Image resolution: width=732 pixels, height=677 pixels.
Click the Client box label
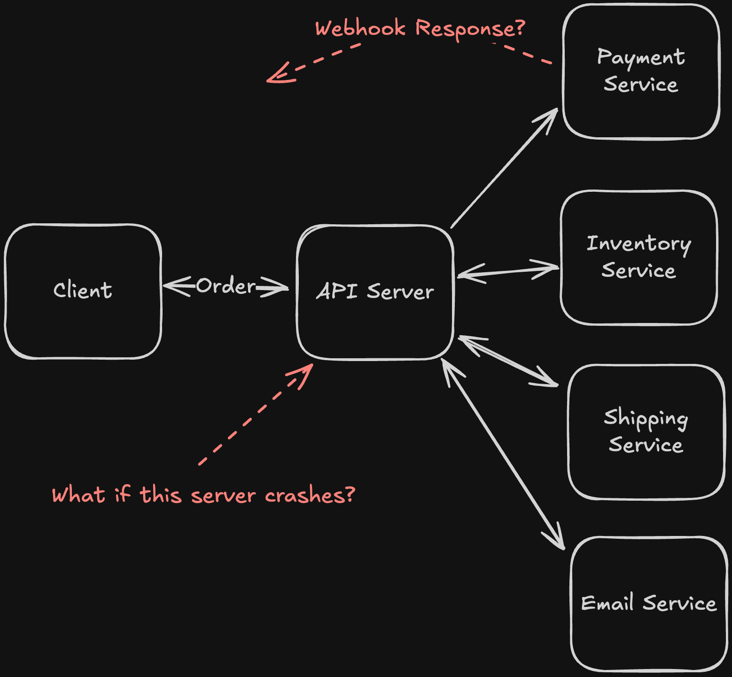click(83, 291)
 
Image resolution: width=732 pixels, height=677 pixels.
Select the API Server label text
click(375, 291)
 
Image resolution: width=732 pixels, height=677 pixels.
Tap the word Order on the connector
click(226, 286)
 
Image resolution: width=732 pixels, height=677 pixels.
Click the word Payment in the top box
click(640, 57)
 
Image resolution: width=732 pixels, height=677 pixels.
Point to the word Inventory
click(639, 244)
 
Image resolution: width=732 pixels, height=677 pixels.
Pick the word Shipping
click(646, 418)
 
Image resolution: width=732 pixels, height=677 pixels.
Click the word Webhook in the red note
click(360, 28)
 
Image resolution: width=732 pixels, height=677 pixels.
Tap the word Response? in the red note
click(470, 28)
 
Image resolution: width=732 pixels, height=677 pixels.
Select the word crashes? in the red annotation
click(310, 496)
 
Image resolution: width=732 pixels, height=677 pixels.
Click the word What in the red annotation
click(78, 496)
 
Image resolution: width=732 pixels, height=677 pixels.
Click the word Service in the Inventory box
click(639, 271)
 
